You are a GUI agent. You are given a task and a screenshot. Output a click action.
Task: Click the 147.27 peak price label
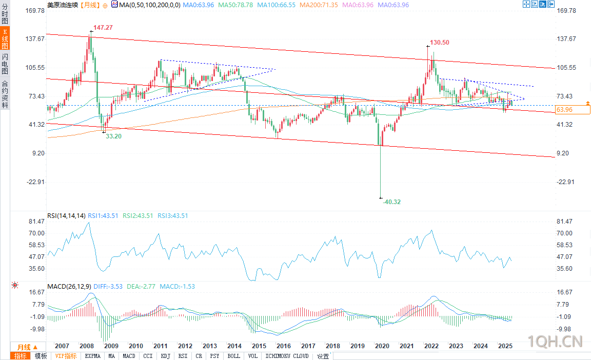pos(103,27)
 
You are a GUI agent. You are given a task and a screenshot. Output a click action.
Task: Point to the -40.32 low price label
pos(391,202)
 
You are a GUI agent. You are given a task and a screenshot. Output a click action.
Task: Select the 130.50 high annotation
pos(440,43)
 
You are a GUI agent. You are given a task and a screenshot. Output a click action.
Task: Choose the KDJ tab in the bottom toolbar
pos(165,356)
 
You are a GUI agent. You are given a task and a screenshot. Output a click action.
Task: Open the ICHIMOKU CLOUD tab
pos(287,356)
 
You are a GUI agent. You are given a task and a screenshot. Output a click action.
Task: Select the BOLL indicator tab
pos(233,356)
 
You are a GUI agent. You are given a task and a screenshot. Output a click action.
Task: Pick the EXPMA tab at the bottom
pos(92,356)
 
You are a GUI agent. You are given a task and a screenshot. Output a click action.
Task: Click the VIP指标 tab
pos(66,356)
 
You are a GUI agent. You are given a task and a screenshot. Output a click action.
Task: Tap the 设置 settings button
pos(323,356)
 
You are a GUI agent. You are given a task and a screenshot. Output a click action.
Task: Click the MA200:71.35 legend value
pos(318,5)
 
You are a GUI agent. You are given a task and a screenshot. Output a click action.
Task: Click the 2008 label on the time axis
pos(86,346)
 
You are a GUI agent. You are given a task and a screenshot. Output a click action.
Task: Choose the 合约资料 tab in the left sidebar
pos(5,94)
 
